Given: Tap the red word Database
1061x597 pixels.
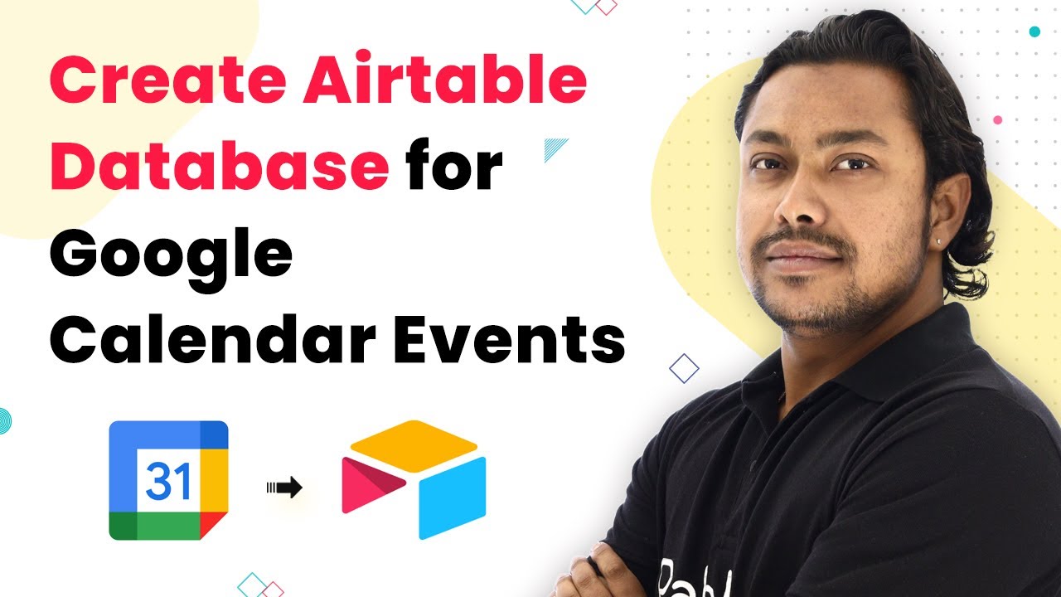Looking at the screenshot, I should (219, 166).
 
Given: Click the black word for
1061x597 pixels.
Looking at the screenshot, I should (455, 166).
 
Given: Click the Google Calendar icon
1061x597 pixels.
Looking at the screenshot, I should (168, 480).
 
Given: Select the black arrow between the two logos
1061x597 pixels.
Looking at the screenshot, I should (284, 488).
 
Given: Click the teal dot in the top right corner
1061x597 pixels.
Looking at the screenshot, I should (1034, 32).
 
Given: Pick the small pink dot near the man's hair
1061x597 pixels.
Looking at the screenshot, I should (997, 120).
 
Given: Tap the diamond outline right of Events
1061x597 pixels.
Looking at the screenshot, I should (684, 368).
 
